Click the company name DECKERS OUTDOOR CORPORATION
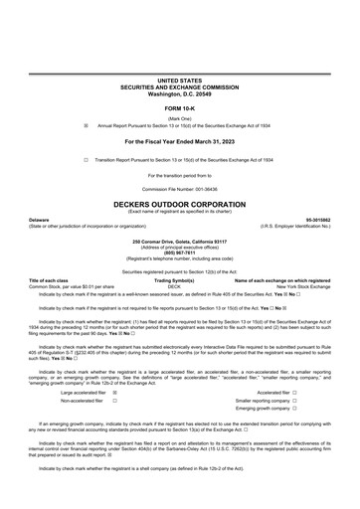point(180,199)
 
